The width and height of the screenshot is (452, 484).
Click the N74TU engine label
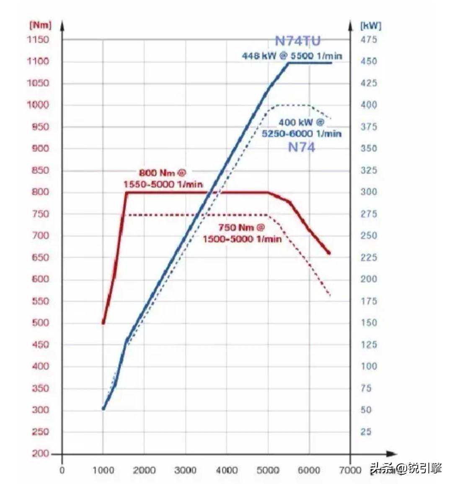297,41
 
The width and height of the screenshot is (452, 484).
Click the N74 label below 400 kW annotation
301,147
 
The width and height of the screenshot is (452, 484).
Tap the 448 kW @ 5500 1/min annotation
292,56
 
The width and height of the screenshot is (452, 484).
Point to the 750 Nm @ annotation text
242,228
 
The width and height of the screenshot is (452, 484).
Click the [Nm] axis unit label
40,25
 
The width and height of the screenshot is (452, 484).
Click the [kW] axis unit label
370,26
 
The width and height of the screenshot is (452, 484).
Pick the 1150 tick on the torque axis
38,40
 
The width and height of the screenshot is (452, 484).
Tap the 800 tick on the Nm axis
40,192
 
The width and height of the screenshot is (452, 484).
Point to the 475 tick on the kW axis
369,40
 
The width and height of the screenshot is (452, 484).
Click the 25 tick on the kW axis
366,432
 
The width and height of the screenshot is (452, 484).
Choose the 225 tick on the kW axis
369,257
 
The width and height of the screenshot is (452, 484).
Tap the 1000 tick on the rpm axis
103,470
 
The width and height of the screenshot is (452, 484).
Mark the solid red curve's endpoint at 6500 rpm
329,253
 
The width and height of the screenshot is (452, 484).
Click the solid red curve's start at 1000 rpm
103,323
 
